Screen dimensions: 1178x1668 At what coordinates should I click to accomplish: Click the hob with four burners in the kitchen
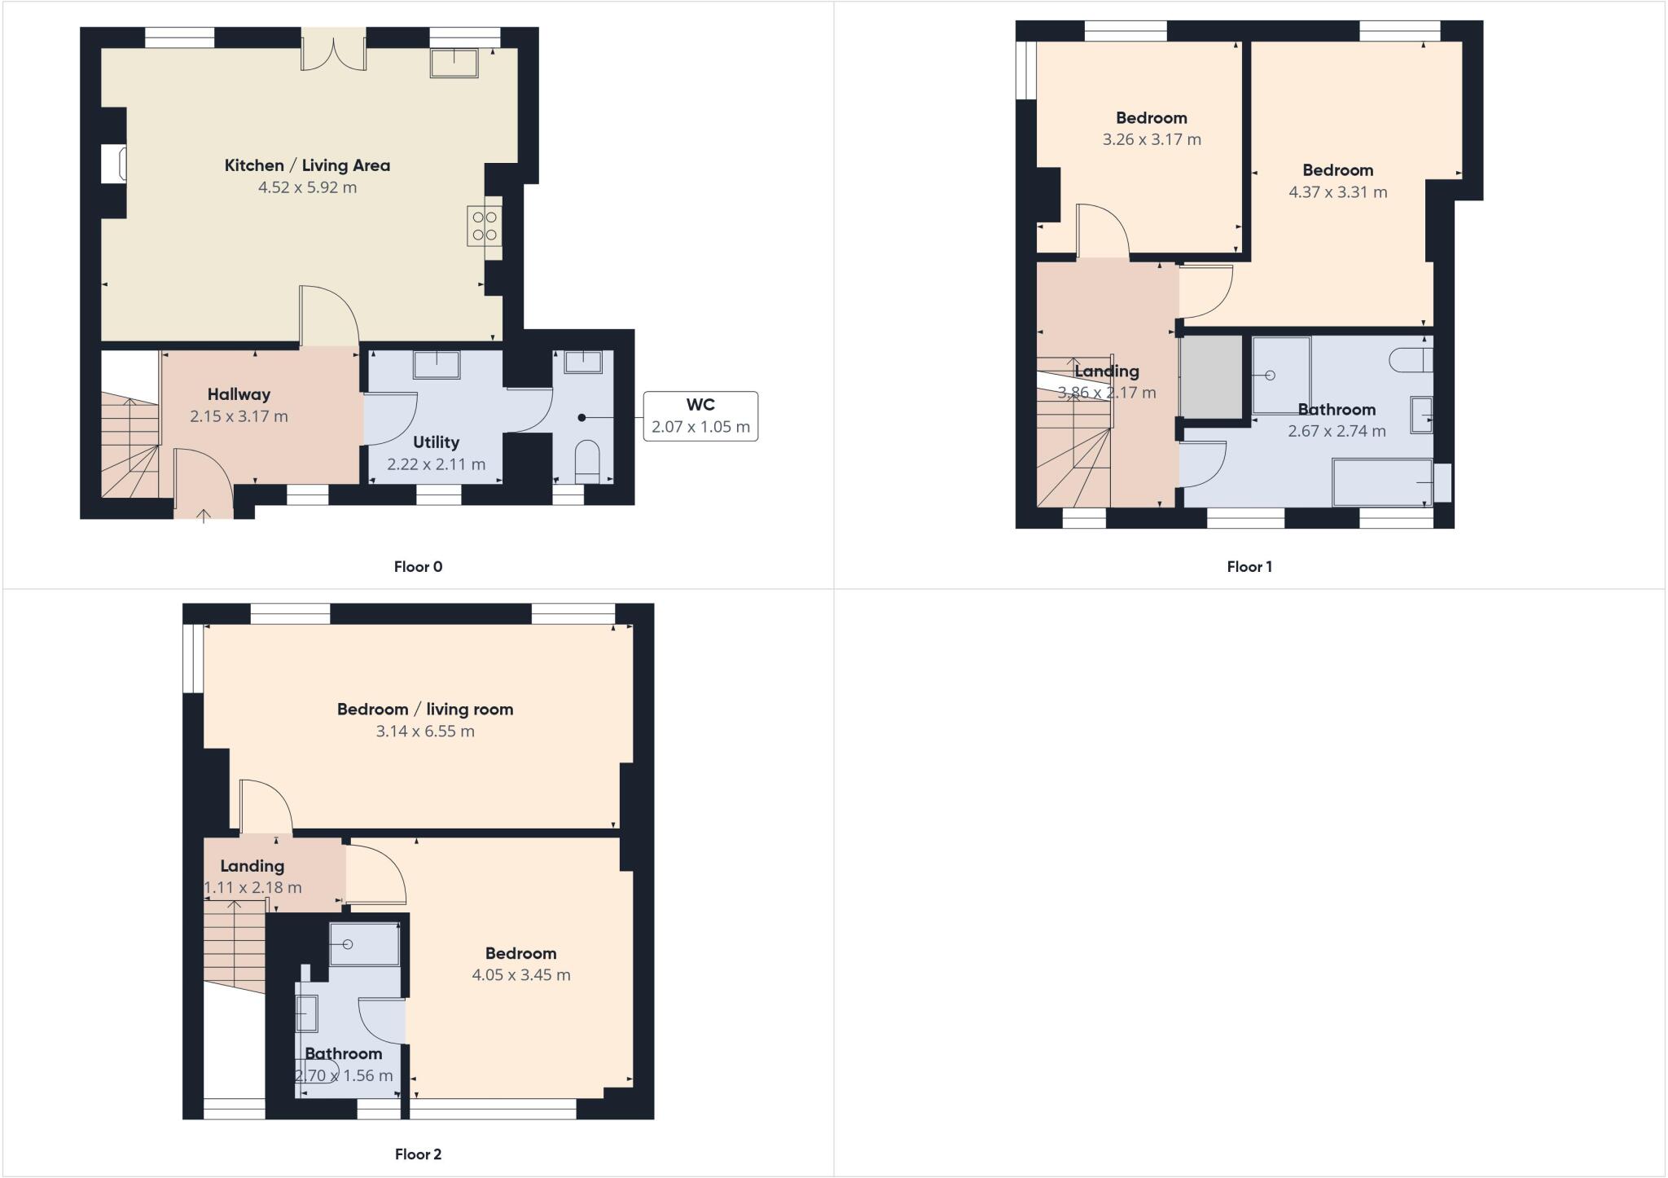click(485, 226)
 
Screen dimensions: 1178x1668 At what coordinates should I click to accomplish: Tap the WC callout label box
click(700, 416)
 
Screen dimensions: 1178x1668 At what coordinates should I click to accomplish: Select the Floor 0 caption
click(418, 567)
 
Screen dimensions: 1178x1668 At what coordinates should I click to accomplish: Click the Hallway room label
click(239, 394)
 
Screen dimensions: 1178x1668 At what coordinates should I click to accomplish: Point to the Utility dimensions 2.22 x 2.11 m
click(436, 464)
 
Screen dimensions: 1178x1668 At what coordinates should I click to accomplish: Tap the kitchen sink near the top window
click(454, 63)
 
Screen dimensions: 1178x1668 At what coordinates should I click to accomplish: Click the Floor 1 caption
click(1249, 567)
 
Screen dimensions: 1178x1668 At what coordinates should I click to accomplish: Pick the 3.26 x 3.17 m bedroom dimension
click(1152, 139)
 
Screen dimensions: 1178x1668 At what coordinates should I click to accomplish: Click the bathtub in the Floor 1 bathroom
click(1382, 482)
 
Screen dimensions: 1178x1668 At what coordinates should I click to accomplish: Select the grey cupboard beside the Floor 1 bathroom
click(1211, 376)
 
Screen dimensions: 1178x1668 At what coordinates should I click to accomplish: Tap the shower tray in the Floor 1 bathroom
click(1281, 376)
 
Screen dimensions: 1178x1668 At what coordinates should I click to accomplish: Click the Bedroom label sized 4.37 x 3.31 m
click(1337, 170)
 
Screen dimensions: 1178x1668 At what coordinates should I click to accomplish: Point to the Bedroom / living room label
click(425, 709)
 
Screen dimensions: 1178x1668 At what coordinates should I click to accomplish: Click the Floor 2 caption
click(418, 1154)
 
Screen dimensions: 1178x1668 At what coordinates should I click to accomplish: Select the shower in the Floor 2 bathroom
click(364, 944)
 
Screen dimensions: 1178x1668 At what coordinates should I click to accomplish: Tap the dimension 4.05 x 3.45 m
click(521, 975)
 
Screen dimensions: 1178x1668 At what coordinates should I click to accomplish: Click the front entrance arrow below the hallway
click(203, 514)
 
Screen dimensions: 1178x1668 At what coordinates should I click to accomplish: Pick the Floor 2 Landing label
click(252, 866)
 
